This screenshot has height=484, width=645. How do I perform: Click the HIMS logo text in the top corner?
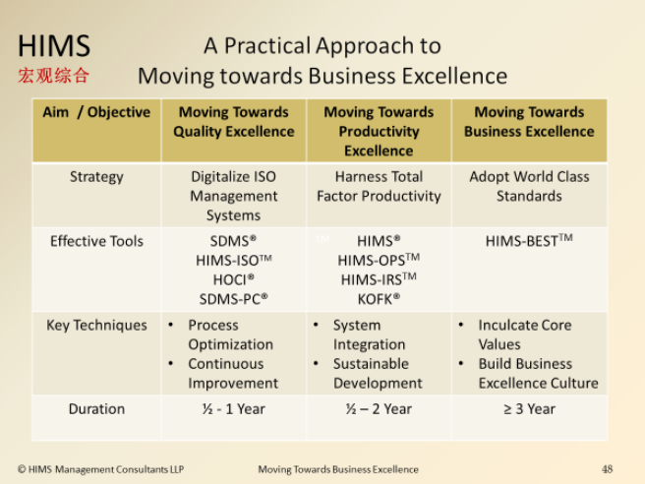54,45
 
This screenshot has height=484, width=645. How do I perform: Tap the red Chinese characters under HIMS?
53,76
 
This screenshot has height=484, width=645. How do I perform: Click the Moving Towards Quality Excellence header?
234,122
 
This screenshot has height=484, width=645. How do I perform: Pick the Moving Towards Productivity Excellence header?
379,131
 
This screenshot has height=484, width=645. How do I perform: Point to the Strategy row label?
96,177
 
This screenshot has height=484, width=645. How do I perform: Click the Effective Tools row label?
96,241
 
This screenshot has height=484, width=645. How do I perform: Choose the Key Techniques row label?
96,326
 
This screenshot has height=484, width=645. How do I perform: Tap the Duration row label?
96,409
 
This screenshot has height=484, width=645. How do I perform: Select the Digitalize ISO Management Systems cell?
234,196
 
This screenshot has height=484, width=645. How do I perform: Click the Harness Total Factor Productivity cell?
379,187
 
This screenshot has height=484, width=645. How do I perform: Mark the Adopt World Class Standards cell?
529,187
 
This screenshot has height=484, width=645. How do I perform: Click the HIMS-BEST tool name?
529,241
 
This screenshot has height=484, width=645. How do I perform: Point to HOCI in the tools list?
234,279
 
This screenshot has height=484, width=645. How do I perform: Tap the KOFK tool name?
379,299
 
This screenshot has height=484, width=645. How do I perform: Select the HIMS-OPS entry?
379,260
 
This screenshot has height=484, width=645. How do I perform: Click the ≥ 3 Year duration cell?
529,409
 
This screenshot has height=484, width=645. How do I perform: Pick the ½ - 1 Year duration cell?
234,409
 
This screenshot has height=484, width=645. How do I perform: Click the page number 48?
608,469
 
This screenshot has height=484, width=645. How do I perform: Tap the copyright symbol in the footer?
22,469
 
